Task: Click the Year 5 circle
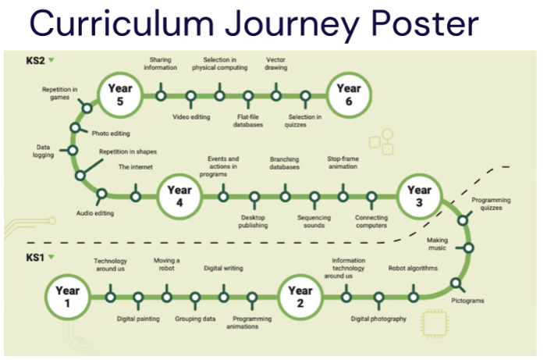coord(121,95)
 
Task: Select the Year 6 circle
coord(348,94)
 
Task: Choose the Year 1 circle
coord(68,297)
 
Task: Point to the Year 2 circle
coord(300,297)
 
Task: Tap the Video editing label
coord(190,118)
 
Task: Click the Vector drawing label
coord(276,63)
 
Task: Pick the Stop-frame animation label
coord(342,162)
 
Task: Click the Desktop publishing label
coord(254,221)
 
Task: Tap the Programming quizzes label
coord(492,205)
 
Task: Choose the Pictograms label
coord(467,300)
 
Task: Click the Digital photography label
coord(378,319)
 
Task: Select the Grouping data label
coord(194,319)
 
